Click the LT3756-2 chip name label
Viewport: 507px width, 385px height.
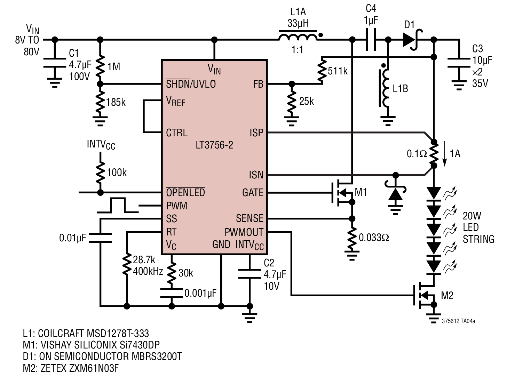[x=214, y=145]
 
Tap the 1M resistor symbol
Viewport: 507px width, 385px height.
[x=100, y=66]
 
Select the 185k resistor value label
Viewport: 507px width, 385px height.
[x=116, y=102]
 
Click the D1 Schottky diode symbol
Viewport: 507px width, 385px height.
[x=413, y=40]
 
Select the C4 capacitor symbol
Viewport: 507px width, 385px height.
[x=371, y=40]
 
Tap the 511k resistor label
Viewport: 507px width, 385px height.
[x=338, y=71]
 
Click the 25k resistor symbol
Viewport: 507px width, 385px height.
[x=292, y=101]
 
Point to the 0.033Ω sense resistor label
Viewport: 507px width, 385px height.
[x=374, y=238]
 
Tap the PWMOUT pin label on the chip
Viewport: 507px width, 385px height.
[x=244, y=232]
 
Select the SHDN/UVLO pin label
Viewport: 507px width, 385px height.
[x=191, y=84]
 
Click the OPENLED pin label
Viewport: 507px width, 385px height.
[x=185, y=192]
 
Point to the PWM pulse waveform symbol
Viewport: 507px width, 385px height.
[x=118, y=205]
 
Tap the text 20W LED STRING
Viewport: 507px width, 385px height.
[x=478, y=227]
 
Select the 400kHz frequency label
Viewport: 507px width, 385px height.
[x=148, y=272]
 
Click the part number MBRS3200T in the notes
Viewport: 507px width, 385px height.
[x=157, y=356]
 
